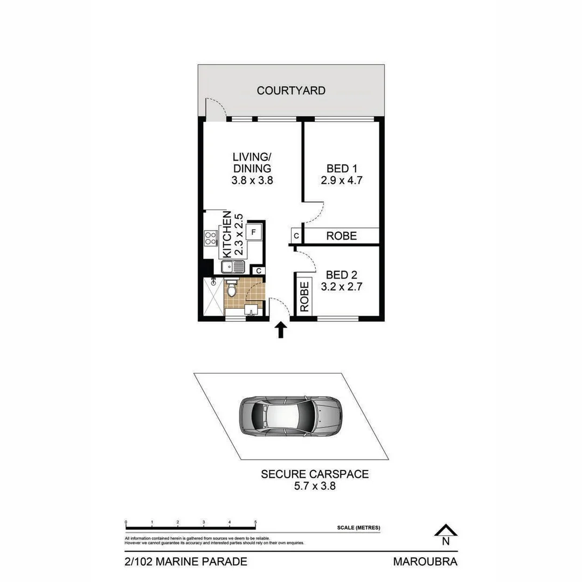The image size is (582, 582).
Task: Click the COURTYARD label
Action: click(x=291, y=91)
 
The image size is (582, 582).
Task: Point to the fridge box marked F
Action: click(x=253, y=232)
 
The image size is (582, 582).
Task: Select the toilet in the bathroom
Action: click(x=232, y=289)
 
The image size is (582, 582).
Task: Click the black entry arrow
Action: click(x=280, y=330)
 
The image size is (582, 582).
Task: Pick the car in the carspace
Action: click(x=290, y=417)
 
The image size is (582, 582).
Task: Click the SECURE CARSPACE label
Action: click(x=315, y=474)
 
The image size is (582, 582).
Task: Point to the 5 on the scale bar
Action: click(x=255, y=522)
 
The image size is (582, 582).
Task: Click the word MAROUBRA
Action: click(x=425, y=562)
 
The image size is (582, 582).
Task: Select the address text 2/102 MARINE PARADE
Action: click(x=186, y=562)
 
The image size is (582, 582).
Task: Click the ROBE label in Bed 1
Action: click(x=342, y=236)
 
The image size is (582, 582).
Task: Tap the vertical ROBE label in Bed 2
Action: click(x=304, y=296)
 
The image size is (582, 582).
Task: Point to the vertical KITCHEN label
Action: click(x=227, y=234)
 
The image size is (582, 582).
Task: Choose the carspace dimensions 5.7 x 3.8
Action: click(x=315, y=486)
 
